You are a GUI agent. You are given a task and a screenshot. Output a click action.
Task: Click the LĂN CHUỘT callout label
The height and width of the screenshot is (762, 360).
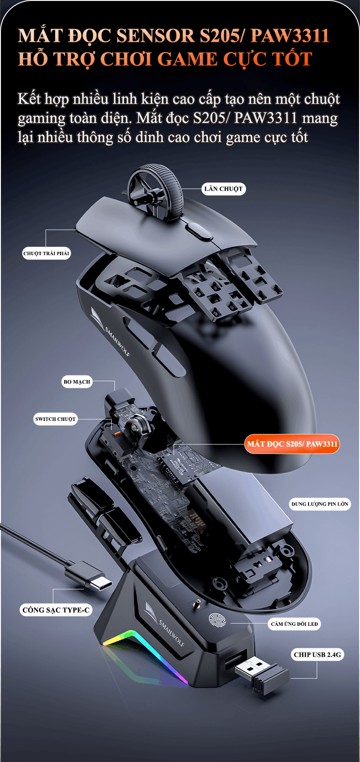coord(223,189)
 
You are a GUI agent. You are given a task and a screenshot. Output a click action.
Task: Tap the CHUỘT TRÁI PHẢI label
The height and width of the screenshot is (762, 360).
coord(46,253)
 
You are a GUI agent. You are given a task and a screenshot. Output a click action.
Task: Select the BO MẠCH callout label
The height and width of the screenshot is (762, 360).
coord(77,382)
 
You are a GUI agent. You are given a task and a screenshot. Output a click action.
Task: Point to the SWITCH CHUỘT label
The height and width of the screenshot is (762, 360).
coord(56,419)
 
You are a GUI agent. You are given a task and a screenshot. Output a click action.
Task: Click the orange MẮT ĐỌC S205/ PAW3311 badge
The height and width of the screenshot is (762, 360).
coord(292,444)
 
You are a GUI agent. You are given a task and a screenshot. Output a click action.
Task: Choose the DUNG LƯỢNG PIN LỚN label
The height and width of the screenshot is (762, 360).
coord(320,504)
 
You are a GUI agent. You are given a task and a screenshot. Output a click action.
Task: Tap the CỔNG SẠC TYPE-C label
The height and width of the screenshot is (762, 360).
coord(56,610)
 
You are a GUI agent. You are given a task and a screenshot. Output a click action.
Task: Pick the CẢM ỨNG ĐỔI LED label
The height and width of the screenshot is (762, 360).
coord(294,624)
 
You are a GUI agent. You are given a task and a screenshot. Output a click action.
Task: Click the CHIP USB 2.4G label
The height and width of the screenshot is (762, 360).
coord(317,655)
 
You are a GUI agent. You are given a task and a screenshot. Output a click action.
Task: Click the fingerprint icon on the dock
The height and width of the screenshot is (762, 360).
coord(217,620)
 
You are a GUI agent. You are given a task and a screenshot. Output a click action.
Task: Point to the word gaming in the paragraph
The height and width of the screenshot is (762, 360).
coord(41,118)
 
